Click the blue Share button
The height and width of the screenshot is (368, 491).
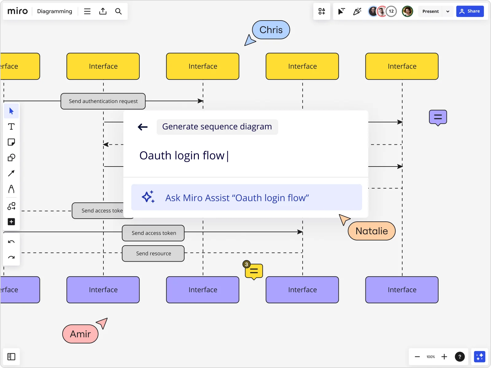click(470, 11)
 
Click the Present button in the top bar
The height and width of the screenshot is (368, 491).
click(430, 11)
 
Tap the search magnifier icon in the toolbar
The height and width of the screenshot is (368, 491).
click(118, 11)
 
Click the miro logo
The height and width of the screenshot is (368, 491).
click(17, 11)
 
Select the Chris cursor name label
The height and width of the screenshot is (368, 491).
click(271, 30)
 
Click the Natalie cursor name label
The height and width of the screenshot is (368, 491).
click(371, 231)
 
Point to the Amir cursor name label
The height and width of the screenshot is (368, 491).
click(80, 334)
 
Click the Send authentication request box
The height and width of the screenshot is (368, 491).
click(103, 101)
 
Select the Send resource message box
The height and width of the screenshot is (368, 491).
click(153, 253)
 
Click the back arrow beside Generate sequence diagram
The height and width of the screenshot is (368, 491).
click(143, 127)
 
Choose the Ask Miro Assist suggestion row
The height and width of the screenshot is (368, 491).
click(246, 197)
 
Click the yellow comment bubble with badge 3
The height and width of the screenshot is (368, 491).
click(254, 271)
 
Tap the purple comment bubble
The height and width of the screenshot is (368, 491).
click(438, 117)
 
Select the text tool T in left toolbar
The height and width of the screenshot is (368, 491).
click(11, 127)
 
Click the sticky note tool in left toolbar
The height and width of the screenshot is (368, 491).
click(11, 142)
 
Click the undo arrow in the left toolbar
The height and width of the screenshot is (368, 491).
click(11, 242)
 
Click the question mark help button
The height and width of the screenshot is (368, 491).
click(459, 357)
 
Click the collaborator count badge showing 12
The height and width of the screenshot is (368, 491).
click(391, 11)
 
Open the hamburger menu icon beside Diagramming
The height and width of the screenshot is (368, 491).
click(87, 11)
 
